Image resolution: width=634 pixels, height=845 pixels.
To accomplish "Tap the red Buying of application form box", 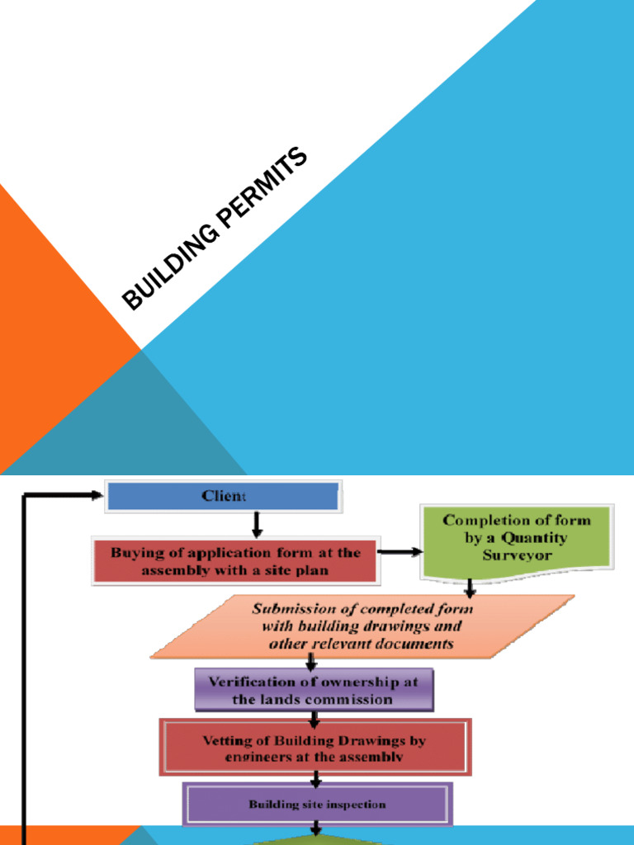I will (x=235, y=561).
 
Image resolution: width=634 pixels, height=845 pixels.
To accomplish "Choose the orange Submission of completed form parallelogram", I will (x=362, y=626).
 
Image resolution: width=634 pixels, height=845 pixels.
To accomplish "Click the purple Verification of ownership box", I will (x=313, y=690).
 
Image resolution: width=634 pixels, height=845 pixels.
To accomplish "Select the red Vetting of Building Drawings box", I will (x=315, y=747).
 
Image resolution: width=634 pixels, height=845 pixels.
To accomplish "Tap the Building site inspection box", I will (x=317, y=804).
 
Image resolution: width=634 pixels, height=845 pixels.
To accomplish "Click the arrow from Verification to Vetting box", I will (x=314, y=717).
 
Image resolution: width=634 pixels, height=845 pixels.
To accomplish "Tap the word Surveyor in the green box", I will (x=517, y=555).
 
